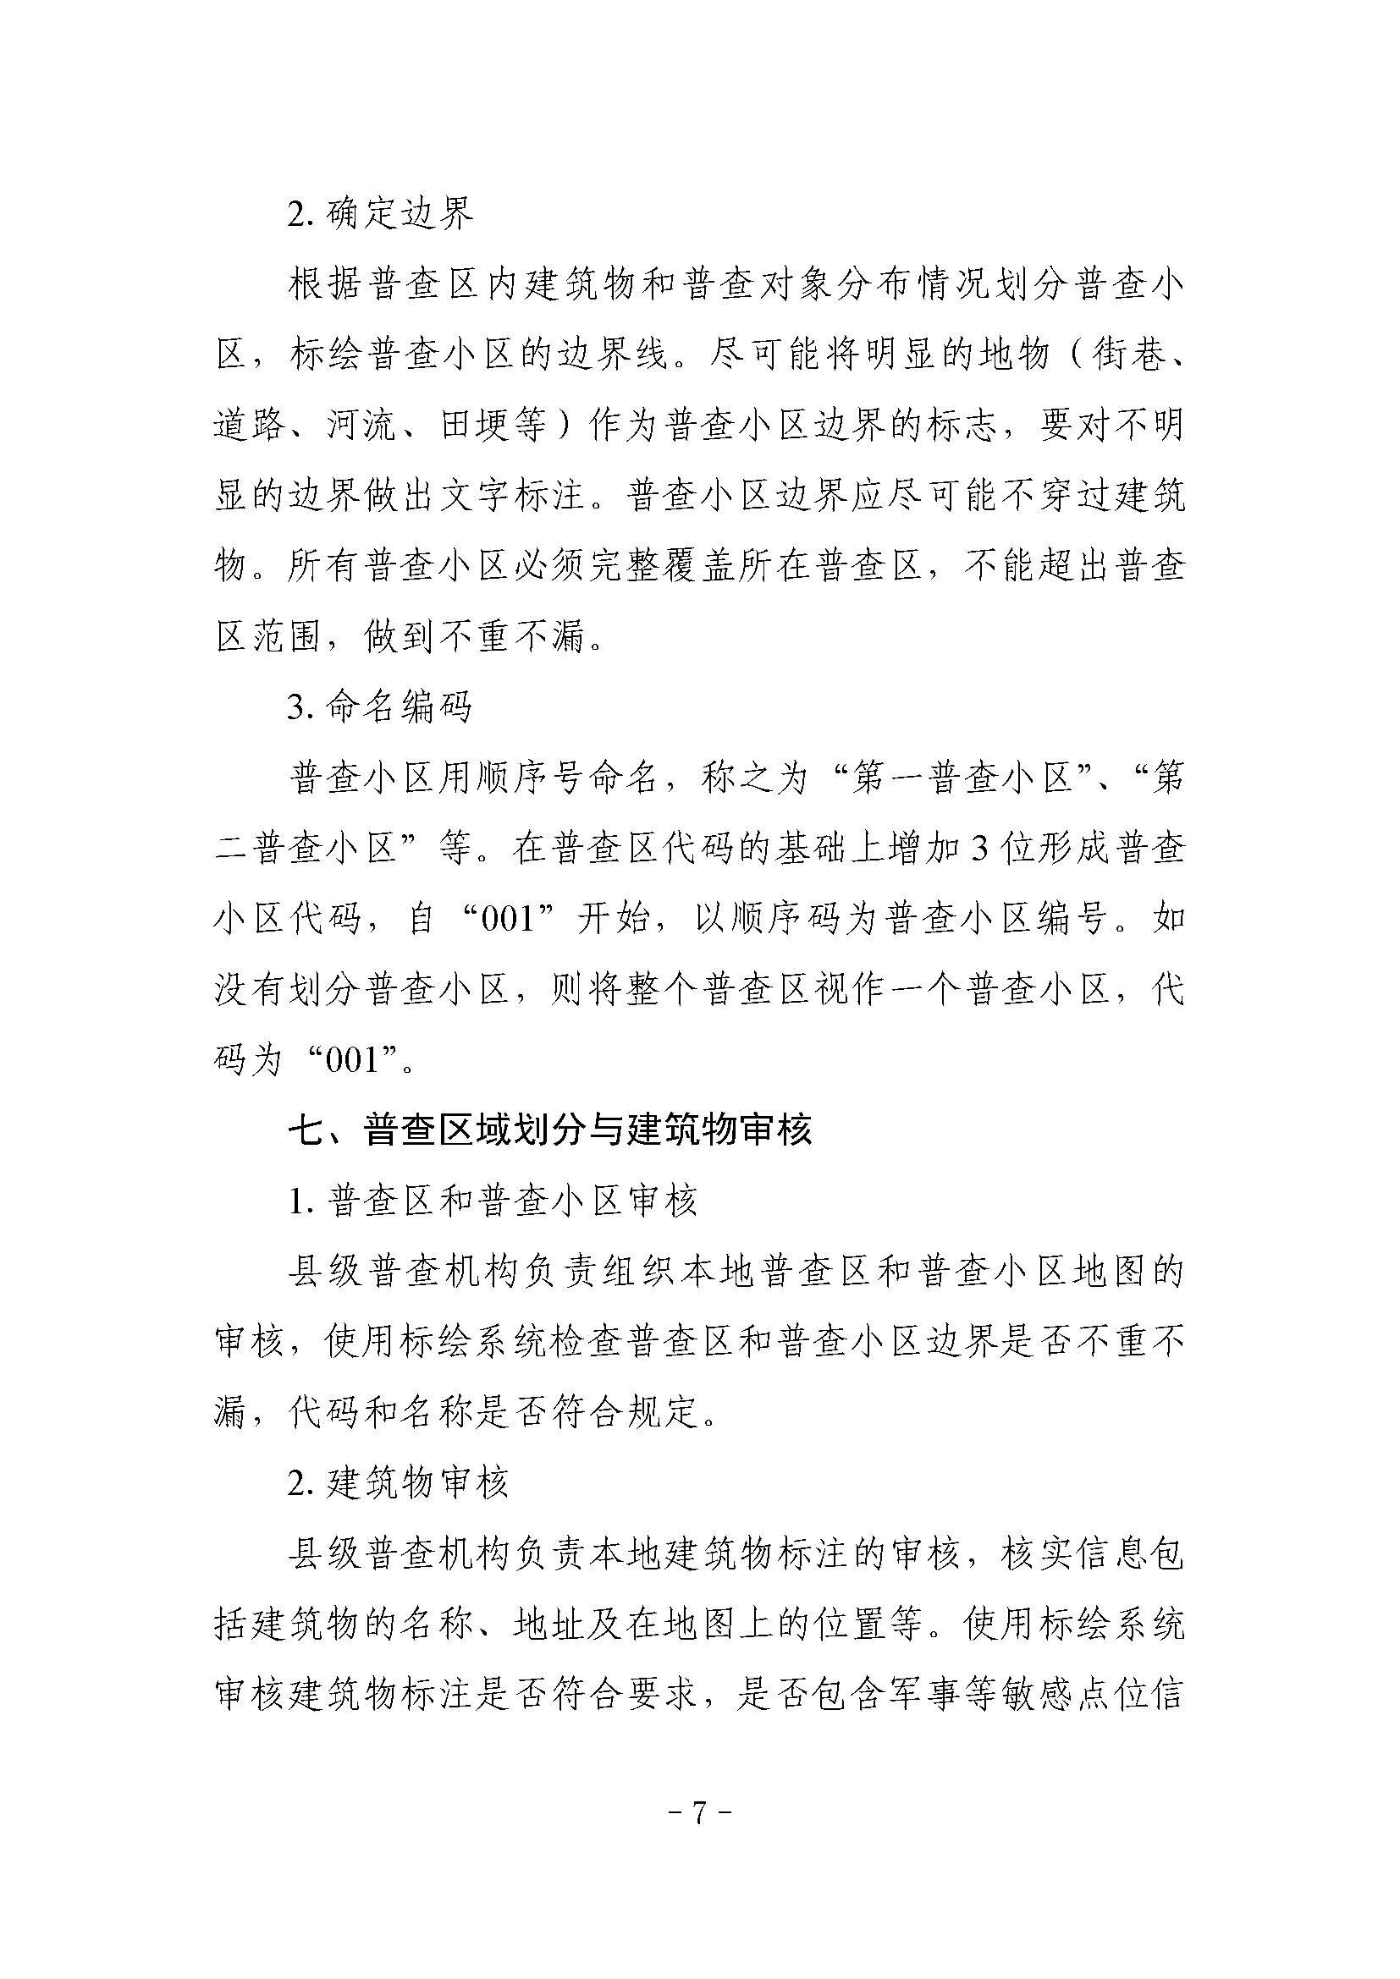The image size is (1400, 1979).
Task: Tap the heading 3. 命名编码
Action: click(380, 707)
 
